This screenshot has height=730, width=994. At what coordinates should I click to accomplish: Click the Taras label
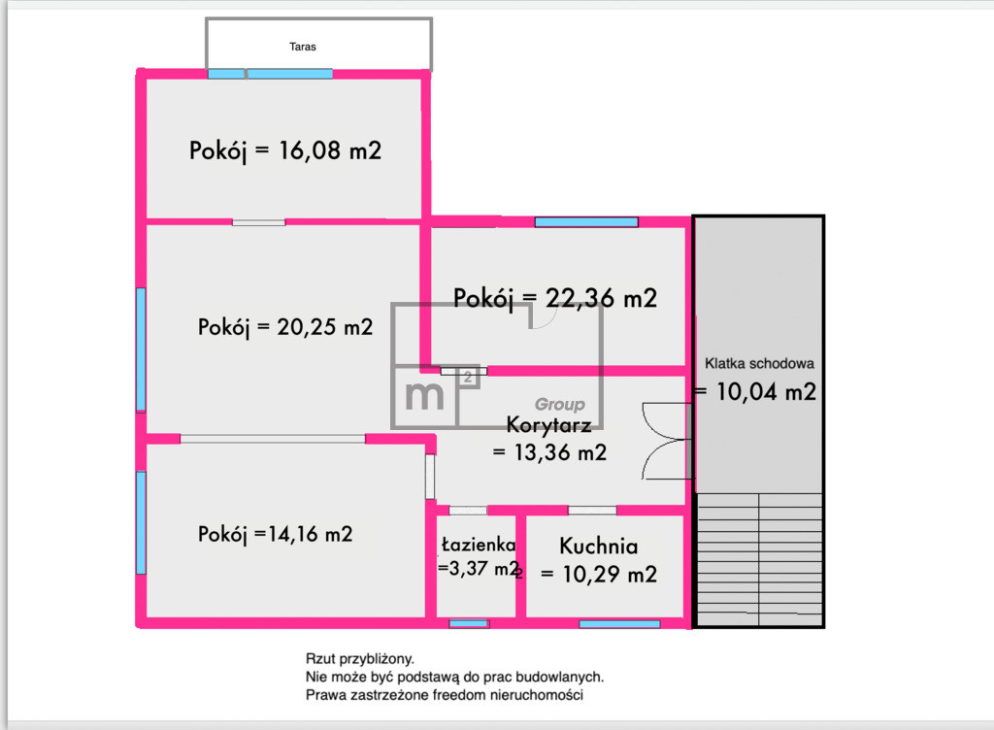(x=303, y=47)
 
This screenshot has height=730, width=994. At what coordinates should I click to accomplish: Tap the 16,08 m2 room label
(x=285, y=150)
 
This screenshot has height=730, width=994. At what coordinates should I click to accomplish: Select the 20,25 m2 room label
(x=285, y=327)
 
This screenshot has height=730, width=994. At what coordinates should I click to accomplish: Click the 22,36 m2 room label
(x=554, y=298)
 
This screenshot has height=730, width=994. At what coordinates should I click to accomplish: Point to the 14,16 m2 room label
(x=275, y=534)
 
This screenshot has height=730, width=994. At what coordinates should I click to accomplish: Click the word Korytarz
(x=549, y=424)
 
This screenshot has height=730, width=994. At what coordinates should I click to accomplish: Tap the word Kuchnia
(x=598, y=546)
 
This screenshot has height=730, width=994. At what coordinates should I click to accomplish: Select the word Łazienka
(x=479, y=545)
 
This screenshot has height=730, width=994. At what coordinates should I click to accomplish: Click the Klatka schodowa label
(x=759, y=364)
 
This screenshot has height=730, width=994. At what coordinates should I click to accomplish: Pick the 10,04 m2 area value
(x=766, y=391)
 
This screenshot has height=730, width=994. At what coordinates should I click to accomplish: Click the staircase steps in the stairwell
(x=759, y=559)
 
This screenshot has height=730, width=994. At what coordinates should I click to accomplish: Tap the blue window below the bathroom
(x=469, y=624)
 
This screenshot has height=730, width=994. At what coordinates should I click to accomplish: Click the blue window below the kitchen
(x=619, y=624)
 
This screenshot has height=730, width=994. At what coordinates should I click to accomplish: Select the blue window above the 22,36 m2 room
(x=586, y=221)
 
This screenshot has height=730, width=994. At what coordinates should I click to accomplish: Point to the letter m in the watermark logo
(x=425, y=394)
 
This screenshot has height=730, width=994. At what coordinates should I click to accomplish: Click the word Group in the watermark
(x=560, y=404)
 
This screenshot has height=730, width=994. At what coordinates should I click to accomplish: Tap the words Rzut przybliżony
(x=359, y=659)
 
